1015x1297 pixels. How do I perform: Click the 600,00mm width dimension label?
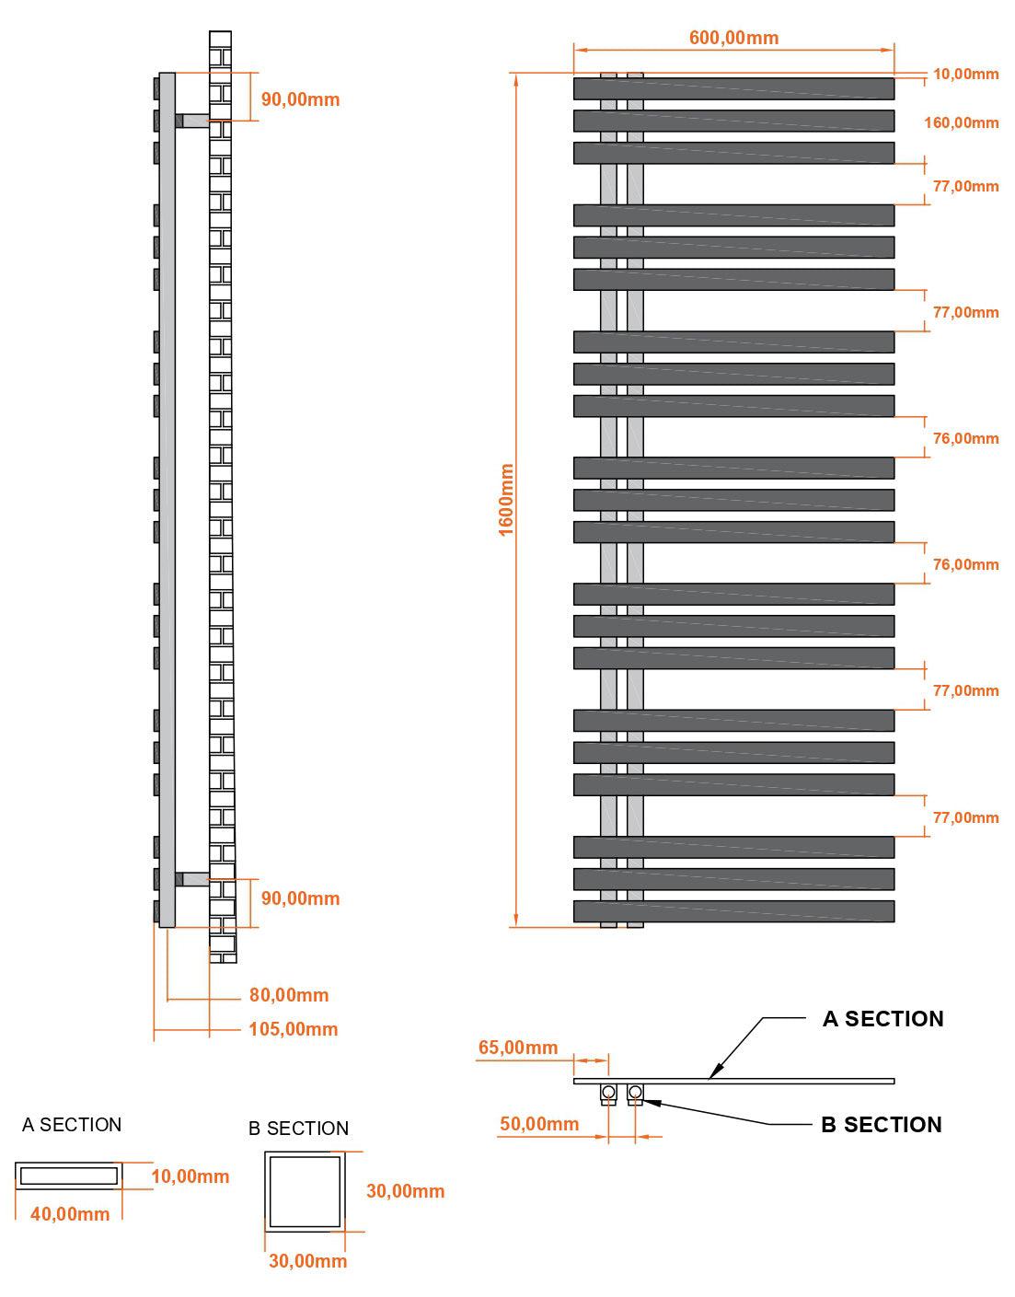pyautogui.click(x=733, y=38)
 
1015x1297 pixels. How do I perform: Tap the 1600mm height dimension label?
pyautogui.click(x=505, y=500)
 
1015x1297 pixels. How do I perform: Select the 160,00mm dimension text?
pyautogui.click(x=961, y=122)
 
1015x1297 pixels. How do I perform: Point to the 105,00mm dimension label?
pyautogui.click(x=293, y=1028)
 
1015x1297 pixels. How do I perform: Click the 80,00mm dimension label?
pyautogui.click(x=289, y=994)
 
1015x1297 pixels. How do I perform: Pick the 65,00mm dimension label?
pyautogui.click(x=518, y=1047)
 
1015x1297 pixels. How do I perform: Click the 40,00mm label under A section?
pyautogui.click(x=70, y=1213)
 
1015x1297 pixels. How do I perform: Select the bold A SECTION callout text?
pyautogui.click(x=882, y=1019)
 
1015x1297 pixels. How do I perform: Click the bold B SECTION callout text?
pyautogui.click(x=882, y=1125)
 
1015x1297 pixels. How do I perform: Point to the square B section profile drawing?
pyautogui.click(x=305, y=1191)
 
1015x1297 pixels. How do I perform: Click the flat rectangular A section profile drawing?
pyautogui.click(x=69, y=1175)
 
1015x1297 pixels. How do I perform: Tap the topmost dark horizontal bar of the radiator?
pyautogui.click(x=733, y=88)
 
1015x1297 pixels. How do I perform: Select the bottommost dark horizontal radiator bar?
pyautogui.click(x=733, y=910)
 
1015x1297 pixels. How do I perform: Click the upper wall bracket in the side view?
pyautogui.click(x=192, y=121)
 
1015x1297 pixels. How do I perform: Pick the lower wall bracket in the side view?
pyautogui.click(x=192, y=878)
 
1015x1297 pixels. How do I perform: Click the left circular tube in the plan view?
pyautogui.click(x=608, y=1092)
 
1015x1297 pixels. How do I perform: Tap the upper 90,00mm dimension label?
pyautogui.click(x=300, y=99)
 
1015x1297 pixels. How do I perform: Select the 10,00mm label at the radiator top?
pyautogui.click(x=965, y=74)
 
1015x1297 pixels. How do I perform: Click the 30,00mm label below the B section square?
pyautogui.click(x=307, y=1260)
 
